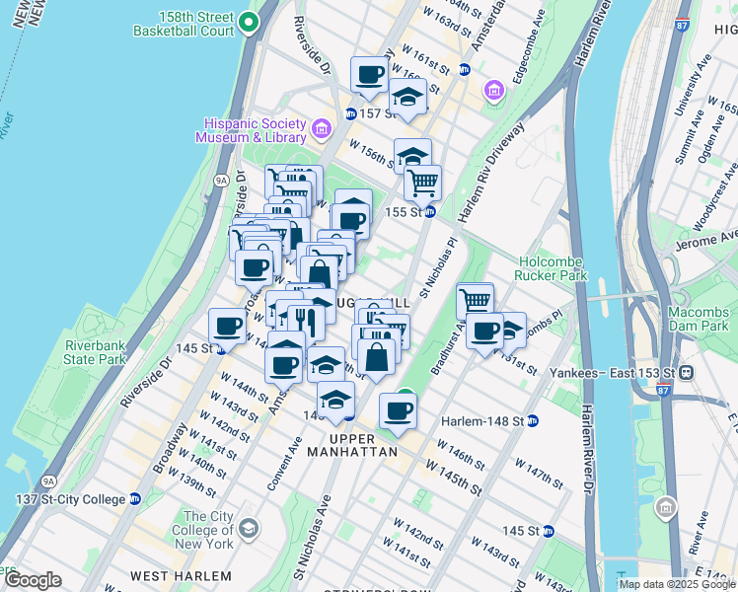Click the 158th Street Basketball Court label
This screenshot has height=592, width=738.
pyautogui.click(x=186, y=24)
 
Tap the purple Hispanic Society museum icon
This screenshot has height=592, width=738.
pyautogui.click(x=321, y=129)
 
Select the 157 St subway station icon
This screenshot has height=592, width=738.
pyautogui.click(x=350, y=114)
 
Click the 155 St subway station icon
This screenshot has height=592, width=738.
pyautogui.click(x=429, y=212)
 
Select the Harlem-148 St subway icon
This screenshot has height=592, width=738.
pyautogui.click(x=533, y=421)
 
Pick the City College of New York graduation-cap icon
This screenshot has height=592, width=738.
pyautogui.click(x=248, y=528)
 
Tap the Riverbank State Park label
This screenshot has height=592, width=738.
pyautogui.click(x=95, y=352)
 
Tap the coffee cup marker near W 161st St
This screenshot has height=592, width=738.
pyautogui.click(x=370, y=75)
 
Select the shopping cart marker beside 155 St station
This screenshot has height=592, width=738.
pyautogui.click(x=422, y=182)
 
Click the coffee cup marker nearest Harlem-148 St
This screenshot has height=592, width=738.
pyautogui.click(x=399, y=410)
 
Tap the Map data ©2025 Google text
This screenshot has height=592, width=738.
pyautogui.click(x=676, y=584)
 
